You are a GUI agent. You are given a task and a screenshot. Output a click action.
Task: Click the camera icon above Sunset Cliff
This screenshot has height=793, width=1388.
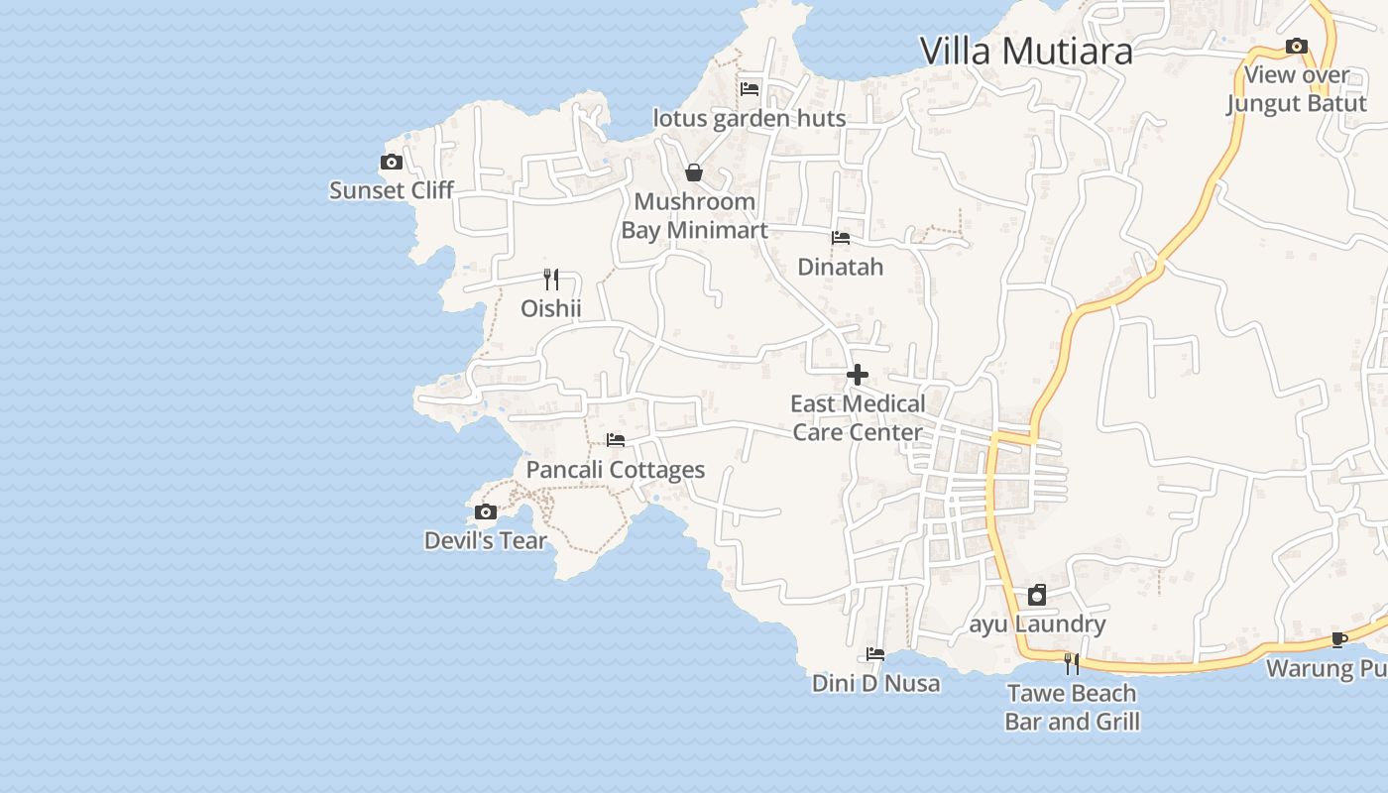coord(392,162)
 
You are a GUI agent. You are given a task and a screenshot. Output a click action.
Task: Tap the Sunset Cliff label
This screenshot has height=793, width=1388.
coord(392,190)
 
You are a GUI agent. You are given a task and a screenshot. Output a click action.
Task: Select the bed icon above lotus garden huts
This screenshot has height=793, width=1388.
coord(750,88)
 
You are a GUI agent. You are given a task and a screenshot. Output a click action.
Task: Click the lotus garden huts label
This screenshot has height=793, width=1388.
coord(750,119)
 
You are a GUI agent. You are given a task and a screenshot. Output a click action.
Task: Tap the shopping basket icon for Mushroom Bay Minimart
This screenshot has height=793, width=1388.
coord(694,172)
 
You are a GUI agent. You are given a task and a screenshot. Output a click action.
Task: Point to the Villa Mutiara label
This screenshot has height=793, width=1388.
coord(1026,51)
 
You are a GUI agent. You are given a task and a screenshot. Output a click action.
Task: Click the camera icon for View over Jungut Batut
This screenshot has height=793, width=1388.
coord(1296,46)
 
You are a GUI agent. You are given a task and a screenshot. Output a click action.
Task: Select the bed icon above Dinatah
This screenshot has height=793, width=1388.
coord(841,237)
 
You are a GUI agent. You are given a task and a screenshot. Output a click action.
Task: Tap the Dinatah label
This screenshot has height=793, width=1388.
coord(841,267)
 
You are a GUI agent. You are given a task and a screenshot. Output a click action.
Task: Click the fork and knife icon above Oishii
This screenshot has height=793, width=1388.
coord(551,279)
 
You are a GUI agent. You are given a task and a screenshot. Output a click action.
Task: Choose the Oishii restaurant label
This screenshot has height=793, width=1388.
coord(551,308)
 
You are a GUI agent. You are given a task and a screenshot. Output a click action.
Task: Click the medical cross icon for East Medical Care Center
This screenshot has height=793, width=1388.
coord(858,375)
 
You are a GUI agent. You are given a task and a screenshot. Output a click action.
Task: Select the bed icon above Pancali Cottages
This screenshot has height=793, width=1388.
coord(616,439)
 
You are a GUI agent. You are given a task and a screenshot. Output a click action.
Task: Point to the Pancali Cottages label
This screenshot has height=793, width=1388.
coord(616,470)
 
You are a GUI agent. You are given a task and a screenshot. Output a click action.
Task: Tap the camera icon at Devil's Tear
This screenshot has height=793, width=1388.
coord(486,511)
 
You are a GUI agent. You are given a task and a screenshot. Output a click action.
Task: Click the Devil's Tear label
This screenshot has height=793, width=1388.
coord(486,541)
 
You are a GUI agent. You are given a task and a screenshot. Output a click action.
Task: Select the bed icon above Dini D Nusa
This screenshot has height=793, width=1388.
coord(875,653)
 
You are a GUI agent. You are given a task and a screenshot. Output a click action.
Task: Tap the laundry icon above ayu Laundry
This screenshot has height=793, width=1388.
coord(1037,595)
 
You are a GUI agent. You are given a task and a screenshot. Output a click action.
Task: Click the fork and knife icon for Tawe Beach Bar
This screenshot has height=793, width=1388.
coord(1072,663)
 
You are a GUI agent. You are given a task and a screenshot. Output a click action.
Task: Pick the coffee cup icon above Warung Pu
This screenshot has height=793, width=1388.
coord(1339,638)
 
